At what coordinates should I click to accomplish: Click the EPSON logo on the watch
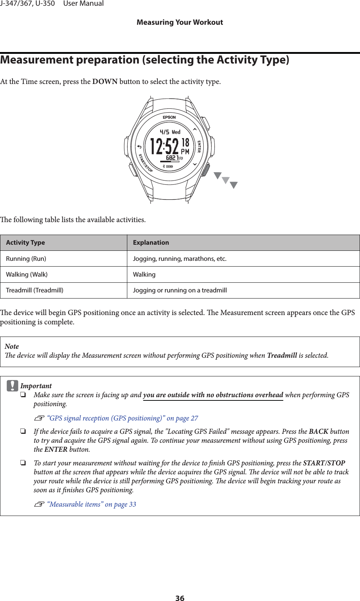pyautogui.click(x=169, y=117)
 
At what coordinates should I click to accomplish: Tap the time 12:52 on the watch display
pyautogui.click(x=164, y=147)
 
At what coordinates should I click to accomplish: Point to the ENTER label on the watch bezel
pyautogui.click(x=199, y=146)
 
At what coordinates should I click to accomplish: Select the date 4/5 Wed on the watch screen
pyautogui.click(x=170, y=132)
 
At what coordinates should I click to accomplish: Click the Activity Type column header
pyautogui.click(x=25, y=243)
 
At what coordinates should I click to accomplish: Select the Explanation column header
pyautogui.click(x=151, y=243)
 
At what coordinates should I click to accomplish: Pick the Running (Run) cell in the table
pyautogui.click(x=26, y=259)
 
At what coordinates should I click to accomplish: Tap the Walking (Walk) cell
pyautogui.click(x=27, y=274)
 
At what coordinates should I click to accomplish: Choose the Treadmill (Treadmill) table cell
pyautogui.click(x=35, y=290)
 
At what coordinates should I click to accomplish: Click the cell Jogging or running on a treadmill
pyautogui.click(x=180, y=290)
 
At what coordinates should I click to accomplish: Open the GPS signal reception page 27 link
pyautogui.click(x=122, y=418)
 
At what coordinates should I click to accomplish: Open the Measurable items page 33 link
pyautogui.click(x=91, y=504)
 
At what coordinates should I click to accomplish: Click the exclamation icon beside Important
pyautogui.click(x=12, y=385)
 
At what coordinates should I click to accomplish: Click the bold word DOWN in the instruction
pyautogui.click(x=105, y=81)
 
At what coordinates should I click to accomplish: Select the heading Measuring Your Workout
pyautogui.click(x=180, y=22)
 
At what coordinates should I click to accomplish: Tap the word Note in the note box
pyautogui.click(x=12, y=346)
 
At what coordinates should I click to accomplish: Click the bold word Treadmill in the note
pyautogui.click(x=282, y=356)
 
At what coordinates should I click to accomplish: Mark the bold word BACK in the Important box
pyautogui.click(x=318, y=432)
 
